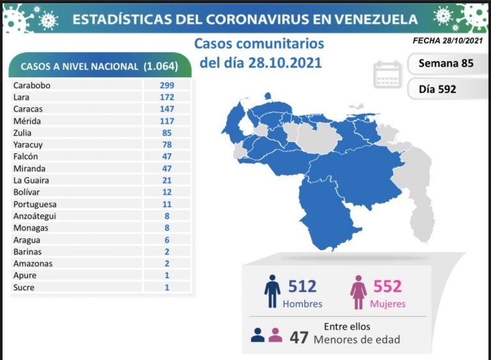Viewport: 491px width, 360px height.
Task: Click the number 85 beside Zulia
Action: coord(168,133)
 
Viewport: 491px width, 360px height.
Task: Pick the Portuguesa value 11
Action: coord(168,204)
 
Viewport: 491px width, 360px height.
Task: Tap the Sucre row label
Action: coord(24,287)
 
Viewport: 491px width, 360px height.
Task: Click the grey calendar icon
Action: coord(387,75)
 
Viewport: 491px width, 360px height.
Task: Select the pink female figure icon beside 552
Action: coord(357,292)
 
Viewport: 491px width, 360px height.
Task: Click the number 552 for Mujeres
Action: coord(388,286)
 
